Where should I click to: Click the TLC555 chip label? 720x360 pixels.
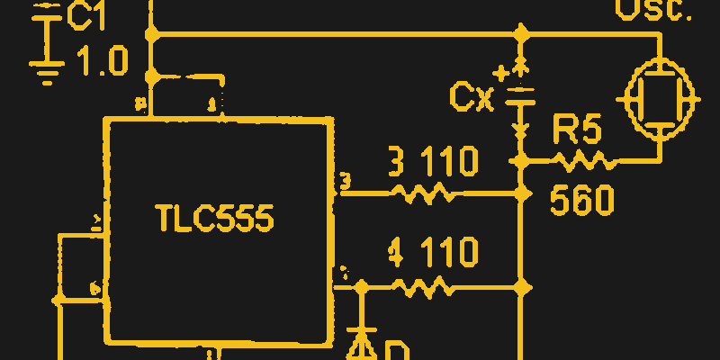(214, 219)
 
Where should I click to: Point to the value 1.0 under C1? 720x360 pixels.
(102, 61)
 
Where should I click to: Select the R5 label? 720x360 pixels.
(576, 130)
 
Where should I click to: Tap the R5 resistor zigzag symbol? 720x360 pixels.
(584, 162)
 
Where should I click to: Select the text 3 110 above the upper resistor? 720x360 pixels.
(432, 162)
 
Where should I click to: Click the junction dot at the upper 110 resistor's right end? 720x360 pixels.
(519, 193)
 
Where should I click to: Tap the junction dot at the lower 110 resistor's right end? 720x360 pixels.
(519, 286)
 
